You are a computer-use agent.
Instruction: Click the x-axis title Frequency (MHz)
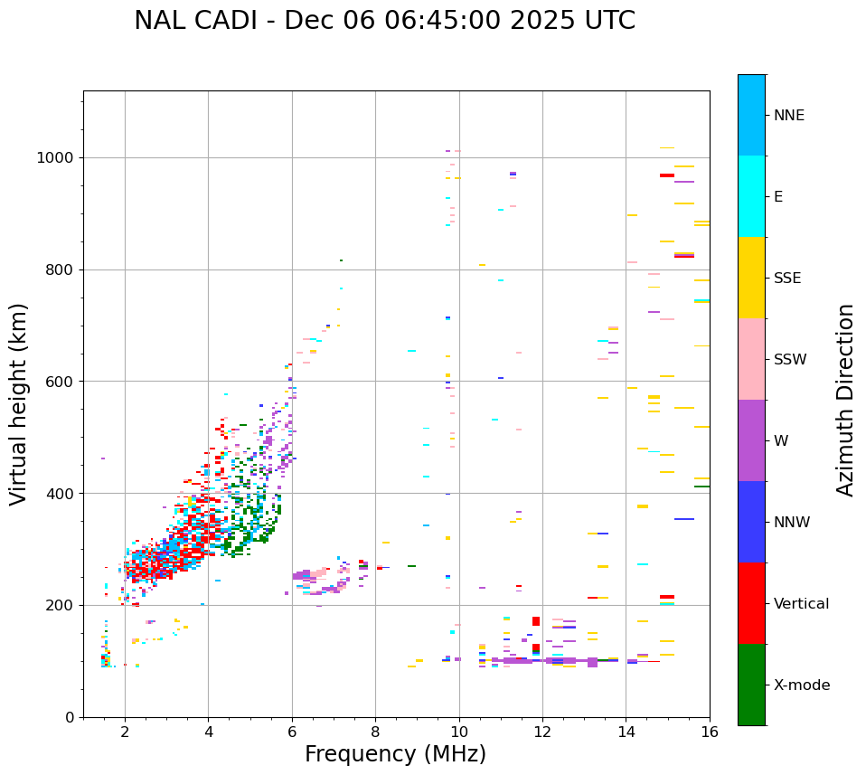[x=395, y=754]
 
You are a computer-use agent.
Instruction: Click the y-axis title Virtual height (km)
[x=19, y=403]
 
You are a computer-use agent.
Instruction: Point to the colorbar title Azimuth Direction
[x=845, y=400]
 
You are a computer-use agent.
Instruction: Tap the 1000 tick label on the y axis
[x=56, y=158]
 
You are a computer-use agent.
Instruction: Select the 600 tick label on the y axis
[x=61, y=382]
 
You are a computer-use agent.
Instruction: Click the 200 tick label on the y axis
[x=61, y=605]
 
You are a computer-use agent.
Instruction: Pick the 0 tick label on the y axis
[x=71, y=717]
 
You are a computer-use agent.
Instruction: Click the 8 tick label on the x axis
[x=375, y=732]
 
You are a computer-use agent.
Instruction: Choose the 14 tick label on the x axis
[x=626, y=732]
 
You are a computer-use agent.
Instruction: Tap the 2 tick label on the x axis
[x=125, y=732]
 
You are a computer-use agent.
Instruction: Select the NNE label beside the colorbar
[x=789, y=116]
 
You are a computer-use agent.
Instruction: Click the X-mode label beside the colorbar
[x=802, y=685]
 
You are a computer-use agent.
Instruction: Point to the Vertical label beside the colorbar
[x=801, y=604]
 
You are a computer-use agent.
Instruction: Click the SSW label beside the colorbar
[x=790, y=360]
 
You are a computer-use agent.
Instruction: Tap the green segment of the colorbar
[x=751, y=685]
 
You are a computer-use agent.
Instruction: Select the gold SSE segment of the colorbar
[x=751, y=278]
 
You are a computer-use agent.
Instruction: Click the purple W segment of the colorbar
[x=751, y=440]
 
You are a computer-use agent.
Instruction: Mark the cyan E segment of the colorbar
[x=751, y=196]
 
